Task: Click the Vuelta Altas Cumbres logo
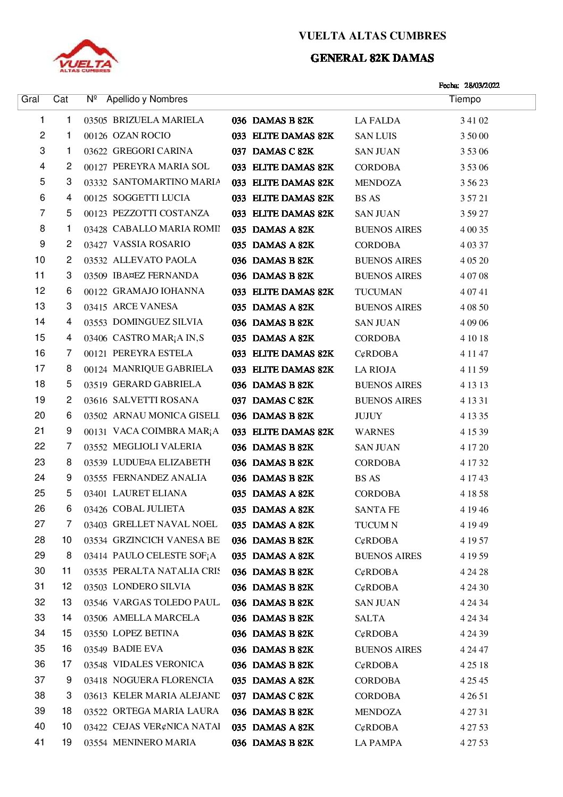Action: [x=86, y=56]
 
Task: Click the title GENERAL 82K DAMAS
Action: [x=372, y=58]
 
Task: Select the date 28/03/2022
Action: [x=482, y=85]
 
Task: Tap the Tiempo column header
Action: [x=465, y=100]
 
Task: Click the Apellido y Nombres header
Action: [x=147, y=100]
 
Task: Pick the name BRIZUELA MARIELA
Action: [x=158, y=120]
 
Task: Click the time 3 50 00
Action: [x=474, y=136]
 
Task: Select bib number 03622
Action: [x=95, y=152]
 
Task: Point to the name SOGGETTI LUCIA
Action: [x=151, y=198]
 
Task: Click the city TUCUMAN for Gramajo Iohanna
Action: [x=378, y=292]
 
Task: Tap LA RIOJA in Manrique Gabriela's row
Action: [x=375, y=369]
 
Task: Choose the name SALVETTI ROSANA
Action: [x=155, y=400]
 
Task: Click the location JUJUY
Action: [x=368, y=416]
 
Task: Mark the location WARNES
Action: [x=375, y=432]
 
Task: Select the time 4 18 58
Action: [x=474, y=494]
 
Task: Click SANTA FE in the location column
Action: [x=377, y=510]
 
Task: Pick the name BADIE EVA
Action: [x=138, y=649]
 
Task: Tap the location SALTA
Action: [x=370, y=618]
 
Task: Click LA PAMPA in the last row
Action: [x=378, y=743]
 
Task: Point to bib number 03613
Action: [x=95, y=696]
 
